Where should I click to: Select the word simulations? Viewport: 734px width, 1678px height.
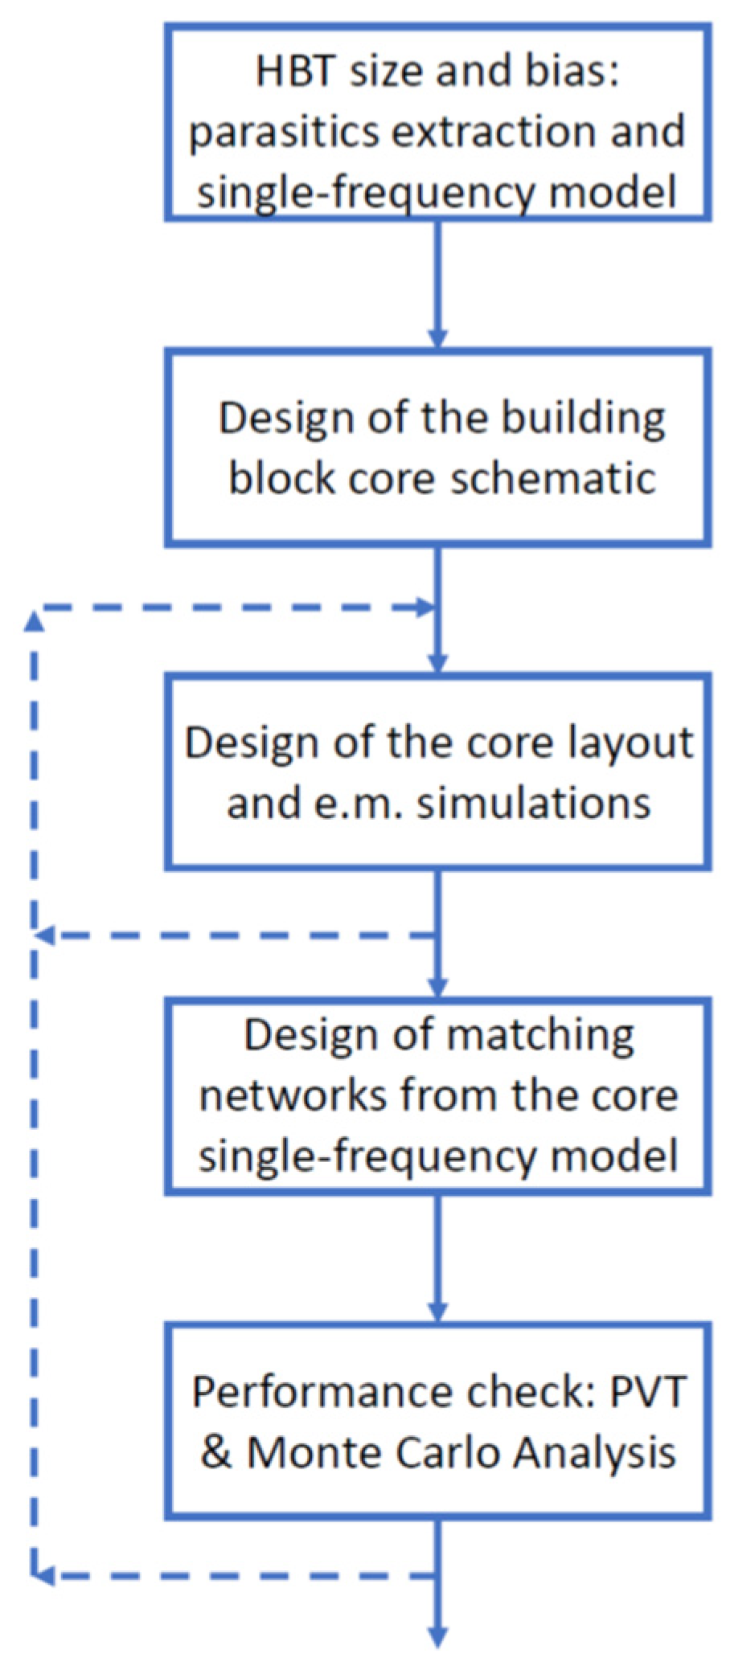pyautogui.click(x=533, y=802)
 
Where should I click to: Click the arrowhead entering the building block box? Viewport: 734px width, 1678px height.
pyautogui.click(x=438, y=338)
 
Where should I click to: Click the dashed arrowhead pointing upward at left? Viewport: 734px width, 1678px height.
pyautogui.click(x=34, y=620)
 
